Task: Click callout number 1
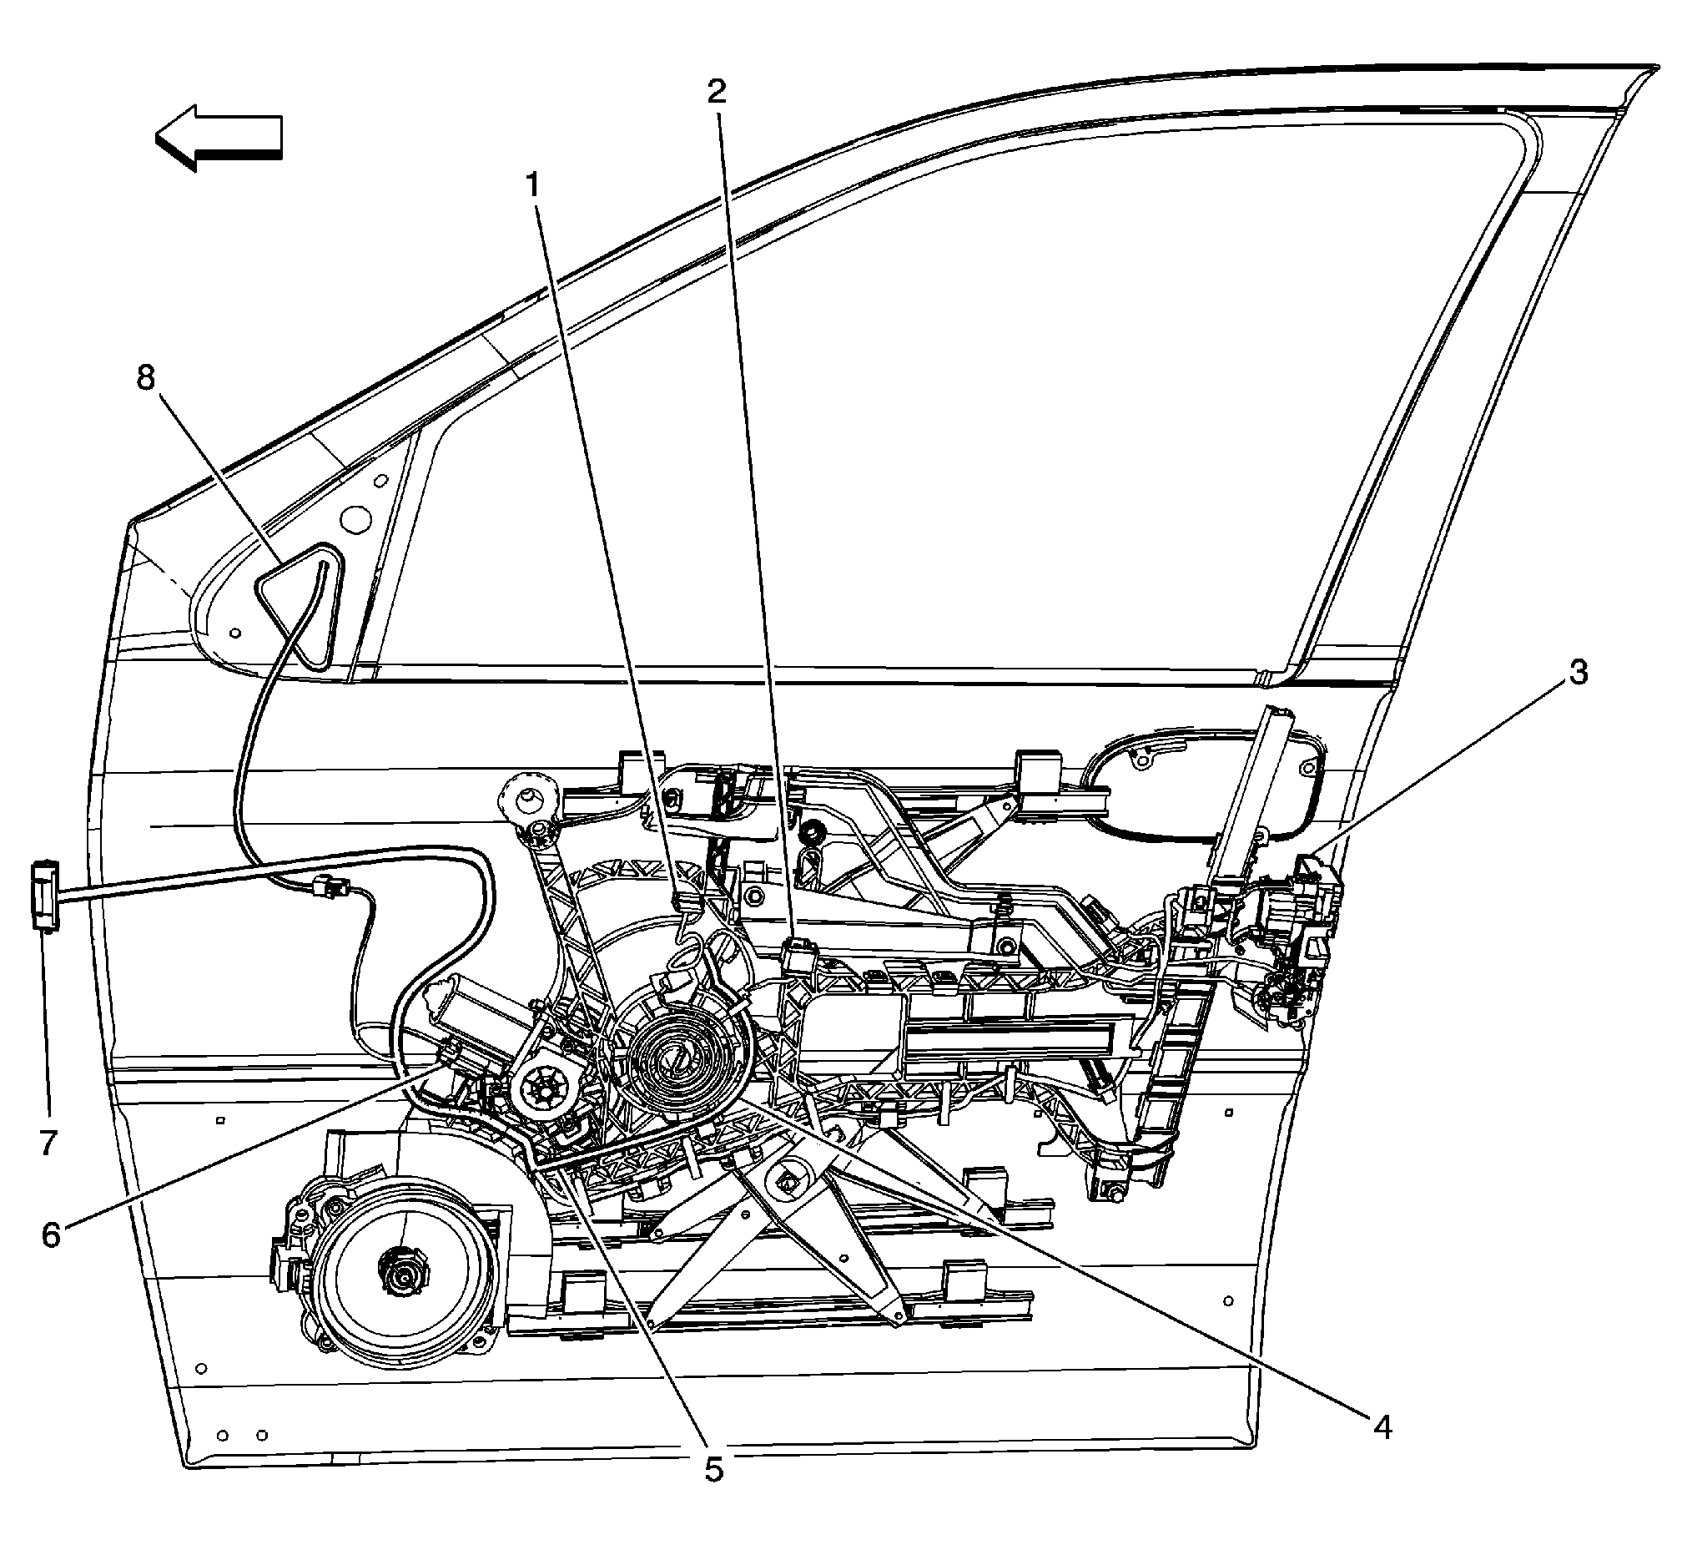pyautogui.click(x=533, y=184)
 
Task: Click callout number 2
pyautogui.click(x=716, y=92)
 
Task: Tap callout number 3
pyautogui.click(x=1579, y=672)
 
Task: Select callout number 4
pyautogui.click(x=1382, y=1426)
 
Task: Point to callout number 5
pyautogui.click(x=713, y=1469)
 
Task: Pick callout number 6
pyautogui.click(x=51, y=1235)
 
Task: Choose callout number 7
pyautogui.click(x=48, y=1142)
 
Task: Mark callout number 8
pyautogui.click(x=146, y=378)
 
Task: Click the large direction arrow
pyautogui.click(x=220, y=136)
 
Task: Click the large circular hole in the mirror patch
pyautogui.click(x=360, y=518)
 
